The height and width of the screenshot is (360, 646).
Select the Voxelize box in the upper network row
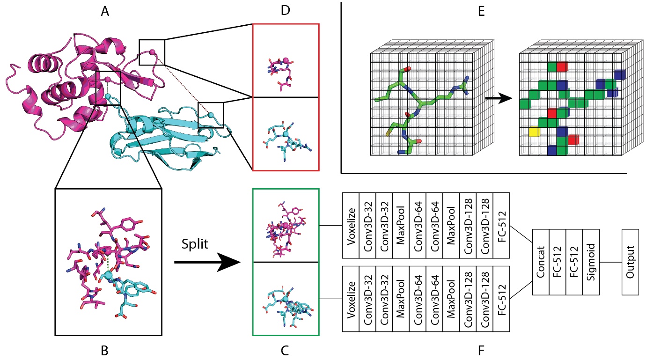[x=351, y=225]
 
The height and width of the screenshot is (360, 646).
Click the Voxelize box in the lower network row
[x=351, y=299]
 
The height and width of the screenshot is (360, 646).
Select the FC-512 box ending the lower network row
[x=501, y=299]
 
